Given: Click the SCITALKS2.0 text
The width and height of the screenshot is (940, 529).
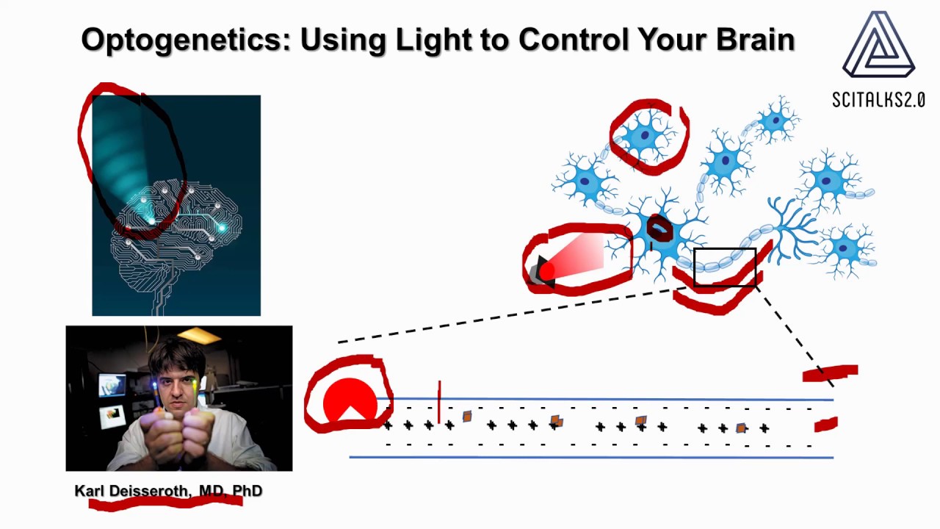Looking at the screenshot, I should (x=878, y=100).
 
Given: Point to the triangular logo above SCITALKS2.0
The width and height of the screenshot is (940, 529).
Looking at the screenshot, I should (x=878, y=46).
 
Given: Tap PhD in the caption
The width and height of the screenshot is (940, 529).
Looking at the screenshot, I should (x=247, y=491).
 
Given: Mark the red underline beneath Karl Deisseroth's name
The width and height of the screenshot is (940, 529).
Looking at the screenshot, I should (x=165, y=503).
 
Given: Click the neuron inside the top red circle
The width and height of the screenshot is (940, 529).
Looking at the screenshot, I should (x=646, y=137).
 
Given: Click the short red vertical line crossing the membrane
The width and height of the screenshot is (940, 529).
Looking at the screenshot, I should (x=439, y=402).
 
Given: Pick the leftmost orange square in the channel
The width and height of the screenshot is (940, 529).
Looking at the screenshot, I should (x=467, y=417).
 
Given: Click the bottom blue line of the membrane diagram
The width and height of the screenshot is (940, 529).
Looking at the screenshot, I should (x=591, y=457).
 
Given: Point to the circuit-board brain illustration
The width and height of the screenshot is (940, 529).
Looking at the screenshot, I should (x=176, y=228).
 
